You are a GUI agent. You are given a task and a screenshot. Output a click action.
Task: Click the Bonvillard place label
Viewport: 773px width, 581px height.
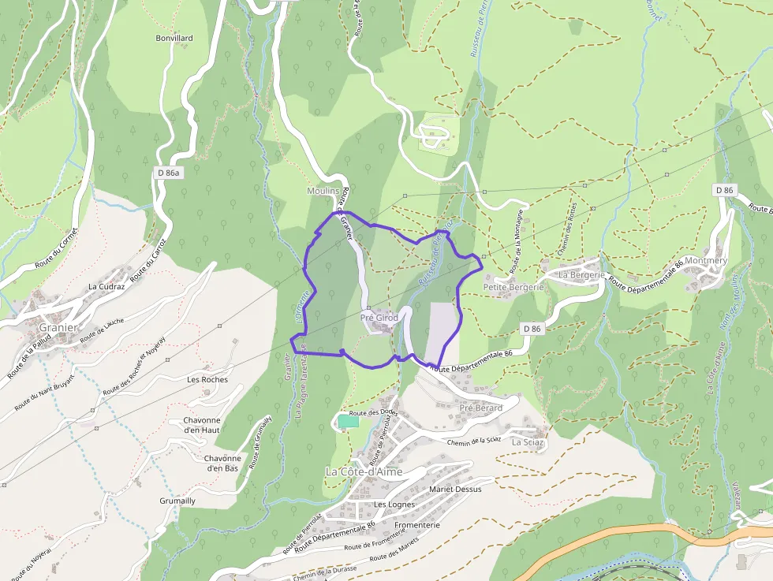click(174, 38)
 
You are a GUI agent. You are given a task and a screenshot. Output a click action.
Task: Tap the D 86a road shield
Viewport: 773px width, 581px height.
click(167, 172)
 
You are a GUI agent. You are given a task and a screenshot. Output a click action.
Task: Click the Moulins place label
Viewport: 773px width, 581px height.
click(323, 192)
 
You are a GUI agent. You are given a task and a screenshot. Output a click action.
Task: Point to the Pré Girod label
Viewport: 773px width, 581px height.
click(379, 318)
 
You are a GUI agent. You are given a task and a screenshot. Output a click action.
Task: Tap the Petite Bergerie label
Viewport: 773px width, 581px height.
click(513, 288)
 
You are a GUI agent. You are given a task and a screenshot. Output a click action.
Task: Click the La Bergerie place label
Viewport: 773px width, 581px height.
click(581, 274)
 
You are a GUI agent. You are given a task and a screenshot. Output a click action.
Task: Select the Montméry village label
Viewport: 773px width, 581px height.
click(706, 260)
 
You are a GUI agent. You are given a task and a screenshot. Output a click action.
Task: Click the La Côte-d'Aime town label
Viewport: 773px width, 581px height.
click(364, 471)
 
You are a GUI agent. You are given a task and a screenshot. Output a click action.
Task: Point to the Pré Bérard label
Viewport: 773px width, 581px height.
click(480, 408)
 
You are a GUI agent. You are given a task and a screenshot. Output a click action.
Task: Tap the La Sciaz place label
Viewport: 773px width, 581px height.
click(528, 442)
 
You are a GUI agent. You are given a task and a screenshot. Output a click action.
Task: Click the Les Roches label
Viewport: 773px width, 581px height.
click(207, 379)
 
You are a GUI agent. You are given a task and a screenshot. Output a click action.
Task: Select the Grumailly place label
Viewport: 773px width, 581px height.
click(177, 501)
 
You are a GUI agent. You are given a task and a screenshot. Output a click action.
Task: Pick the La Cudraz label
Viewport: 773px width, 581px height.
click(107, 286)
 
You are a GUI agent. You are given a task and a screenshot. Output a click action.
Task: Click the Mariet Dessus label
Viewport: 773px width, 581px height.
click(455, 489)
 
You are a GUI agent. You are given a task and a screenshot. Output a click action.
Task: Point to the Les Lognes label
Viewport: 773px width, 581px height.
click(394, 505)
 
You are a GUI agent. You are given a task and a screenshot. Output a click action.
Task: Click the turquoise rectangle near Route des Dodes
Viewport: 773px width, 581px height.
click(348, 422)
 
